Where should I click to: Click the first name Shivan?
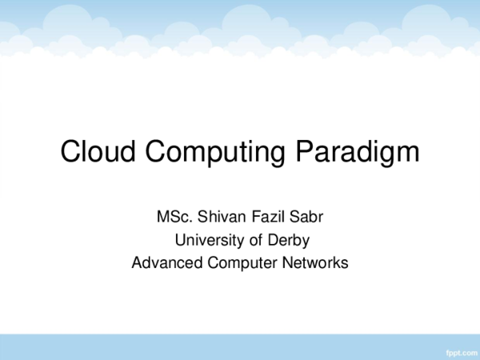tap(218, 217)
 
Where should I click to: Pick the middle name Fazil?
tap(265, 217)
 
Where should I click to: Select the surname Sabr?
tap(305, 217)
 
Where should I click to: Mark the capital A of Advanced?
tap(137, 262)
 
